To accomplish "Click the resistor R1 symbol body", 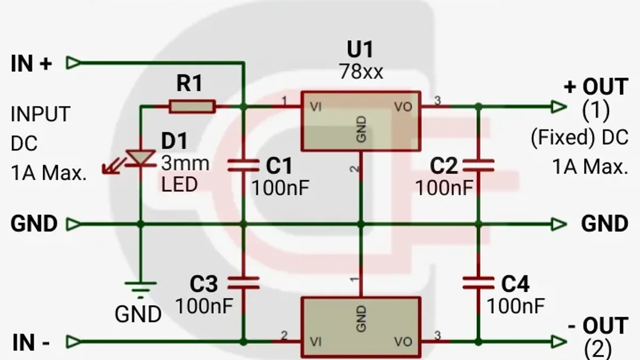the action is pos(192,107).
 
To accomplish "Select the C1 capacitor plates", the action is pos(243,166).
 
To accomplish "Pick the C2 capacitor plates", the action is pos(478,166).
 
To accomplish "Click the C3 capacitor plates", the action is pos(243,283).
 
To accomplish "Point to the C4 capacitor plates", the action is pos(478,283).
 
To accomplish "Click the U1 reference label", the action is pos(360,50).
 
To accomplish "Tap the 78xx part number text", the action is pos(361,71).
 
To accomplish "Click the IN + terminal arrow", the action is pos(74,62).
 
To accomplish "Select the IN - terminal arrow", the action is pos(74,341).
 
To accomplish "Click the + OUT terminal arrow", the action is pos(559,107).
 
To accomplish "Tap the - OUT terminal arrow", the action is pos(559,341).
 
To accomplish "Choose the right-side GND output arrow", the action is pos(559,224).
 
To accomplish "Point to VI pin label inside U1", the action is pos(316,107).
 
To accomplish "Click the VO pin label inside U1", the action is pos(403,107).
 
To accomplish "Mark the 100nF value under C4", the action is pos(516,306).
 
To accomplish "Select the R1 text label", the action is pos(189,83).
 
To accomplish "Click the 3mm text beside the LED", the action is pos(185,163).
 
